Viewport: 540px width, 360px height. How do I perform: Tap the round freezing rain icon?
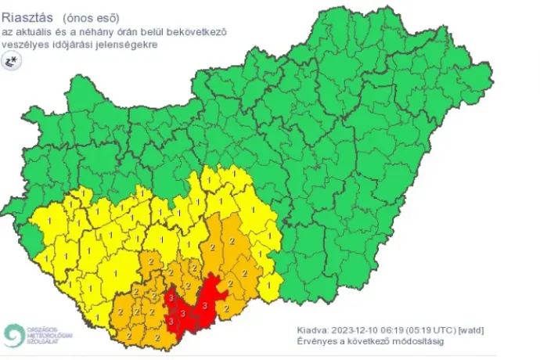tap(11, 63)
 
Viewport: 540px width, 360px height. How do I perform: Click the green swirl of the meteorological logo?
tap(13, 335)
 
